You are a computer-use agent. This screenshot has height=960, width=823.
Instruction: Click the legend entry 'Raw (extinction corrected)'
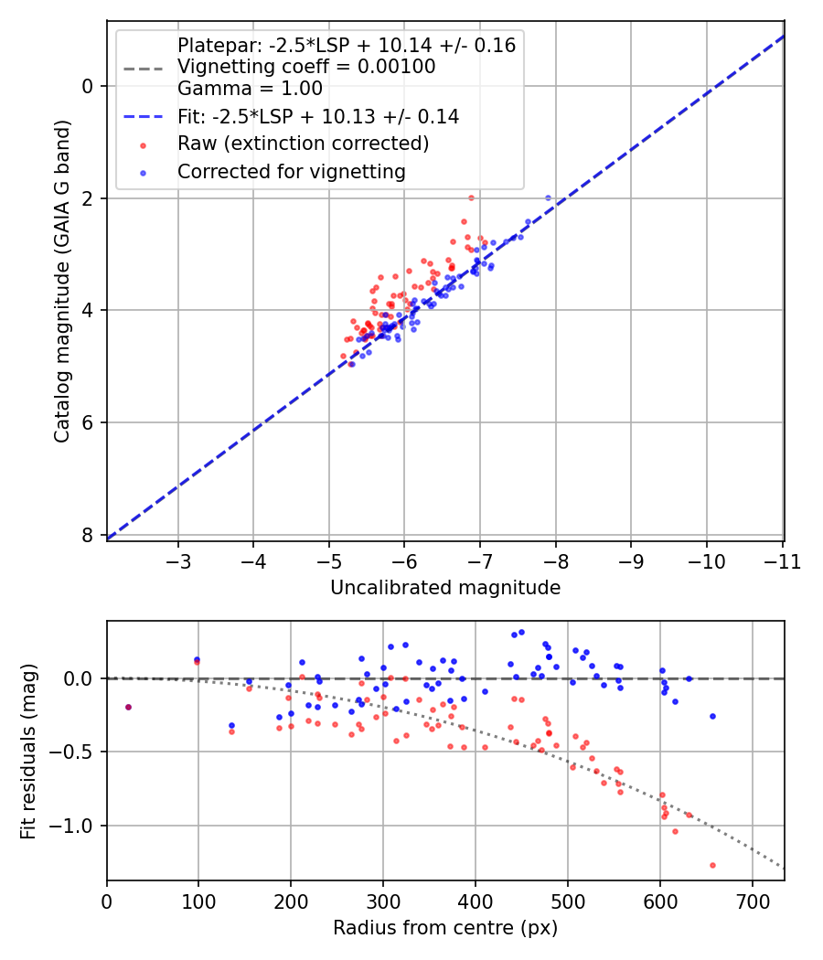click(x=303, y=144)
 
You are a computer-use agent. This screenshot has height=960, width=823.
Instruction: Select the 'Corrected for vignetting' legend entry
click(x=291, y=171)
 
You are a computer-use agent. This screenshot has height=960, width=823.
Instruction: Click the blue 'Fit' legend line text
click(x=317, y=116)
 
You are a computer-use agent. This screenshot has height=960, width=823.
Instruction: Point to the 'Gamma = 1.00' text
click(x=250, y=89)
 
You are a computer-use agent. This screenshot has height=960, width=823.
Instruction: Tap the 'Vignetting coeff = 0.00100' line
click(x=306, y=67)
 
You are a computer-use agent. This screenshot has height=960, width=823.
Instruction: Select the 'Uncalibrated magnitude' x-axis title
click(x=445, y=587)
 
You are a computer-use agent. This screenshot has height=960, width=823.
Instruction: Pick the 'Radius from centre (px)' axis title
click(x=445, y=928)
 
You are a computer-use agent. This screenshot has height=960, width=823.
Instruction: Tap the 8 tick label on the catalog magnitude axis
click(x=89, y=535)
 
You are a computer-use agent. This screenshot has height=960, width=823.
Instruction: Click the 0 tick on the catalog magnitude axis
click(x=89, y=86)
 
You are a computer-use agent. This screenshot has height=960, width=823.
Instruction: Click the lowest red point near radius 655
click(x=712, y=865)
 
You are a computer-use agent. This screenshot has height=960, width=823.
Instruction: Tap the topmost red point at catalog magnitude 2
click(x=471, y=197)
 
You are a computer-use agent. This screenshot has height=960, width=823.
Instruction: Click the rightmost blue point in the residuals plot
click(x=712, y=716)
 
